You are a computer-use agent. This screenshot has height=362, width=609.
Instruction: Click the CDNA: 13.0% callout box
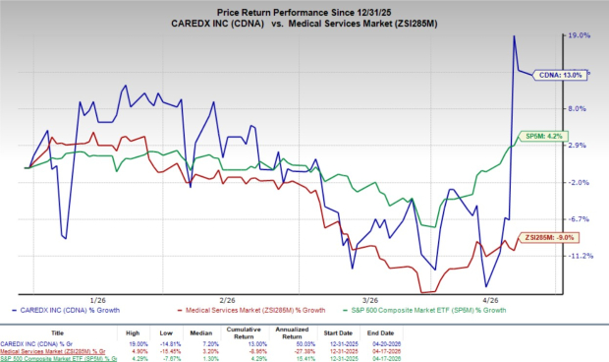pos(560,74)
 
